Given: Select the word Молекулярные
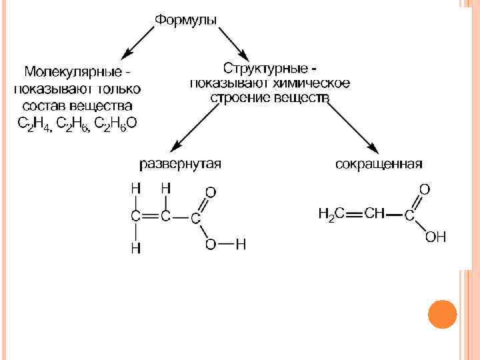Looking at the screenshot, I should tap(73, 71).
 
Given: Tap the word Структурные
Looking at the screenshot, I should tap(266, 69).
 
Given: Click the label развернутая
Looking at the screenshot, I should tap(180, 164).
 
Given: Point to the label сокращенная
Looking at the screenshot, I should tap(379, 164).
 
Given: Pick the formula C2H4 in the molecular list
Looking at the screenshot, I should tap(31, 123).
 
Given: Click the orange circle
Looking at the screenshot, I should tap(441, 314).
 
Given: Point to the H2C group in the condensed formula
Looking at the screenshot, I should tap(331, 214).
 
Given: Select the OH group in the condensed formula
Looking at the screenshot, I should tap(435, 237).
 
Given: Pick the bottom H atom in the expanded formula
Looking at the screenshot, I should tap(135, 248).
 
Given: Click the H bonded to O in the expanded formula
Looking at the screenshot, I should tap(241, 245).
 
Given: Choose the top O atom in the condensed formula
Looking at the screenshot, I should tap(425, 189).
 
